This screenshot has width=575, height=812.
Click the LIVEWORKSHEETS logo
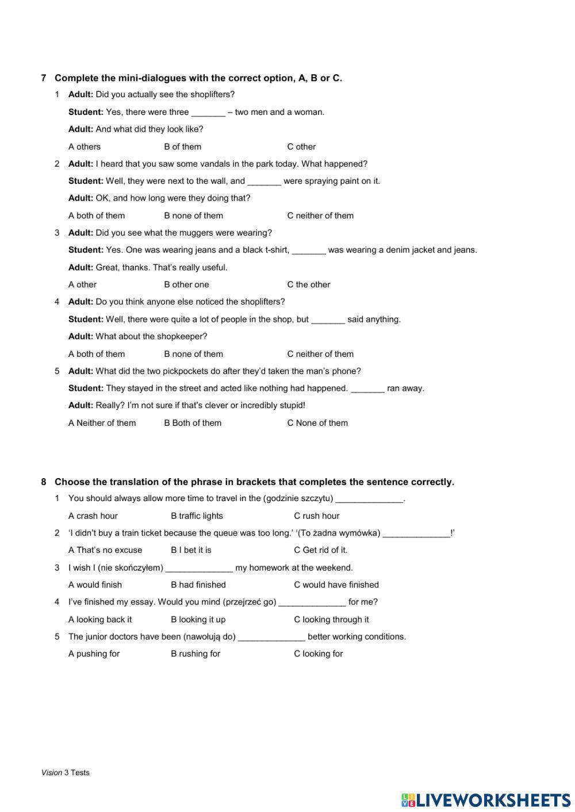pyautogui.click(x=486, y=799)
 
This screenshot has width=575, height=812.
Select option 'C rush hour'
pyautogui.click(x=316, y=515)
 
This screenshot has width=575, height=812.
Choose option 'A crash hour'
pyautogui.click(x=93, y=515)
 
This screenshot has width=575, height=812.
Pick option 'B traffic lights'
pyautogui.click(x=197, y=515)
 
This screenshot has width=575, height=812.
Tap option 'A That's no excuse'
pyautogui.click(x=105, y=550)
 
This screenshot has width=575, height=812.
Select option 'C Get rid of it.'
pyautogui.click(x=320, y=550)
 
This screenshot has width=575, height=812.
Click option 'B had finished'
pyautogui.click(x=198, y=584)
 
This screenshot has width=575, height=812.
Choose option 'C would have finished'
pyautogui.click(x=336, y=584)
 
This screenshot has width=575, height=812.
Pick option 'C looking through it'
pyautogui.click(x=331, y=619)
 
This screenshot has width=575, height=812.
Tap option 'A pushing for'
pyautogui.click(x=94, y=653)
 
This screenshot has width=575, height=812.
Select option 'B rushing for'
pyautogui.click(x=195, y=653)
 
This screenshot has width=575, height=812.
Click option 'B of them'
pyautogui.click(x=182, y=147)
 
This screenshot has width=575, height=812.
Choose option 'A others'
pyautogui.click(x=84, y=147)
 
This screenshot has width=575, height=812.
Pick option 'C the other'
pyautogui.click(x=308, y=284)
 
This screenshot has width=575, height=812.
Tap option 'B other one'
pyautogui.click(x=186, y=284)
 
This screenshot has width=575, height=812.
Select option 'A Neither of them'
pyautogui.click(x=102, y=423)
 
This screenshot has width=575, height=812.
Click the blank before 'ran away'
pyautogui.click(x=367, y=389)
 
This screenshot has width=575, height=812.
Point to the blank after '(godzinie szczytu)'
pyautogui.click(x=369, y=499)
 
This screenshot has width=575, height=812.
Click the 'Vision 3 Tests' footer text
pyautogui.click(x=65, y=772)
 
